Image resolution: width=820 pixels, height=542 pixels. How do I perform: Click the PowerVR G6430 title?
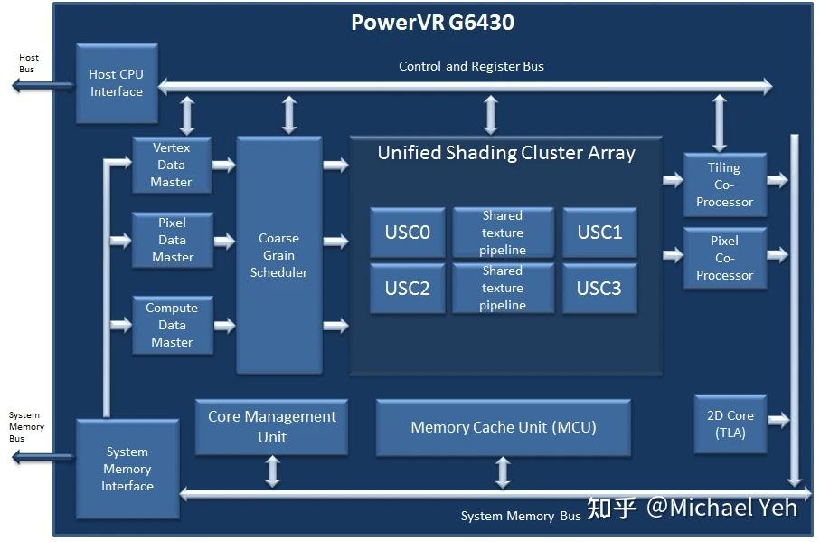point(432,23)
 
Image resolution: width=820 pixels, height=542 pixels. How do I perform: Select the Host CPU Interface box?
point(117,83)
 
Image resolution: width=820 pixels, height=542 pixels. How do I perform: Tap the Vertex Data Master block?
point(172,165)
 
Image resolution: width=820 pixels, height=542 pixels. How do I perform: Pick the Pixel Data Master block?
point(172,240)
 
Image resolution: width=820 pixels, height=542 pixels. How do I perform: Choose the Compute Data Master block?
point(172,325)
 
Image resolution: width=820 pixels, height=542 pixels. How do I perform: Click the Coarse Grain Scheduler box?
point(278,255)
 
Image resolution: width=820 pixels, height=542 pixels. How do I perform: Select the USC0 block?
point(407,233)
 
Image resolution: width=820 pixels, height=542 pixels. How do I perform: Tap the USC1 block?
point(599,233)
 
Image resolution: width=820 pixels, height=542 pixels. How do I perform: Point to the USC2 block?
point(407,288)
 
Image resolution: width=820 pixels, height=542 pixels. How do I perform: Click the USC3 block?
point(599,288)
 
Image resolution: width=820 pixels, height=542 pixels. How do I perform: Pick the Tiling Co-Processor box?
point(724,185)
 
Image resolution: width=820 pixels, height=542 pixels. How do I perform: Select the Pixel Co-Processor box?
point(724,258)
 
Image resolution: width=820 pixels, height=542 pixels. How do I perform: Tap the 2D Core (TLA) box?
point(730,423)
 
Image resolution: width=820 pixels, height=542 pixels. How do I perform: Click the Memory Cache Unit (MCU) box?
point(504,427)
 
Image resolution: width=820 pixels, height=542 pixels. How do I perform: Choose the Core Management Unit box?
point(271,426)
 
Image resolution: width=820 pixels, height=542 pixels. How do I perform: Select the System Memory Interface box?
point(127,469)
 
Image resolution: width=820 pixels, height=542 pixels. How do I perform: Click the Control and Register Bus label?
point(471,66)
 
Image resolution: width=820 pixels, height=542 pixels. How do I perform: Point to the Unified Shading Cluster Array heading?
point(506,152)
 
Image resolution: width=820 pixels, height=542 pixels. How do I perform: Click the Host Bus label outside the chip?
point(27,63)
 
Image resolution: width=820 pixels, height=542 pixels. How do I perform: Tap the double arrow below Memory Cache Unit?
point(504,472)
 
